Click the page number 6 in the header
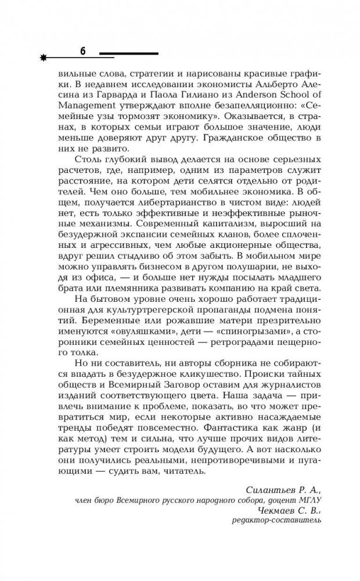pyautogui.click(x=82, y=51)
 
